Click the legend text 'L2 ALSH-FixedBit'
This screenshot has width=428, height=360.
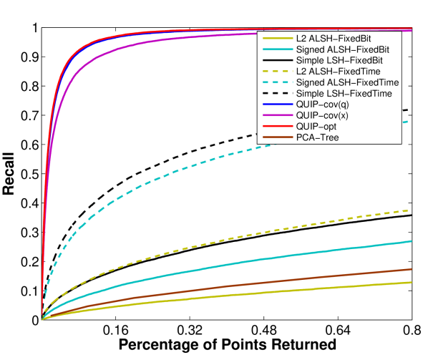333,39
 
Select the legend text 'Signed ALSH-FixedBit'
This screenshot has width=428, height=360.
342,49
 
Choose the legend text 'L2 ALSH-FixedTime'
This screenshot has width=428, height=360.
338,72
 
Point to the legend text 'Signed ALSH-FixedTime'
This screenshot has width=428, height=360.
347,83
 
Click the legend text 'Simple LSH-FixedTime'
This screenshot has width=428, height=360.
344,94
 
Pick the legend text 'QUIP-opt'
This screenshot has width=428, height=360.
315,126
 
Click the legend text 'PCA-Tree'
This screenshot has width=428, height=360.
316,137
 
